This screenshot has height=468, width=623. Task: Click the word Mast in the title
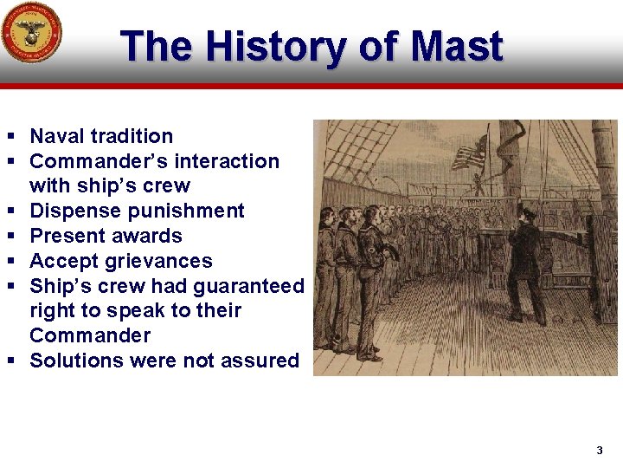coord(458,47)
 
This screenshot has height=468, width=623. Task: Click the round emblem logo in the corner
coord(31,33)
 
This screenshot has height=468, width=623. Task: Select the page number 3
coord(599,451)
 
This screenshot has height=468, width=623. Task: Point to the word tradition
coord(132,136)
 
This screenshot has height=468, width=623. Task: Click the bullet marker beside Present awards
coord(11,237)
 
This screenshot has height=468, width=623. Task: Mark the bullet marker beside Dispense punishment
coord(11,211)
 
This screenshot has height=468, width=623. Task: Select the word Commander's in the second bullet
coord(87,161)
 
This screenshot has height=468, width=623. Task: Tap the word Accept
coord(61,261)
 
